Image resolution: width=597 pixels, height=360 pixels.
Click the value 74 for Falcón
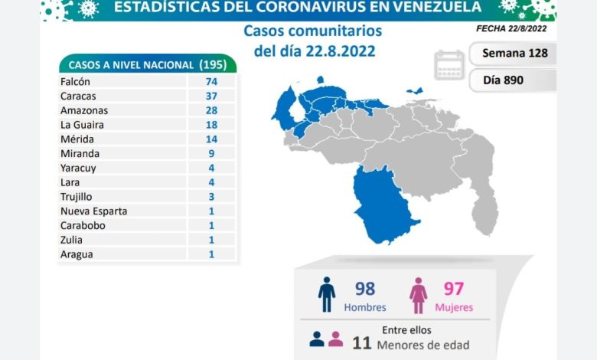(211, 81)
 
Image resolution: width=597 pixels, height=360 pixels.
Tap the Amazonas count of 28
(211, 110)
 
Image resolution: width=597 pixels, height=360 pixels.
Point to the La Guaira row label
(82, 124)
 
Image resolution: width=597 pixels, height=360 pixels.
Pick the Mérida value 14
(211, 139)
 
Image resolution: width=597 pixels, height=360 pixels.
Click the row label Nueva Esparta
(93, 211)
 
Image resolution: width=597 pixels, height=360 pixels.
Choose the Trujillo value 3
(211, 196)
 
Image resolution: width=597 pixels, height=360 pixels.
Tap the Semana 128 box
(514, 54)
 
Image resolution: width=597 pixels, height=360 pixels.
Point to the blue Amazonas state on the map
(383, 203)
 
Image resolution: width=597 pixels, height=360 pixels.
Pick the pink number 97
(453, 289)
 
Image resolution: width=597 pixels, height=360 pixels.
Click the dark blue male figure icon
(327, 295)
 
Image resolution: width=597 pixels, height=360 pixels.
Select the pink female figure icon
(418, 295)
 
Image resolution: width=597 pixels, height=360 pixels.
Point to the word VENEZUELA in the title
(429, 8)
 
